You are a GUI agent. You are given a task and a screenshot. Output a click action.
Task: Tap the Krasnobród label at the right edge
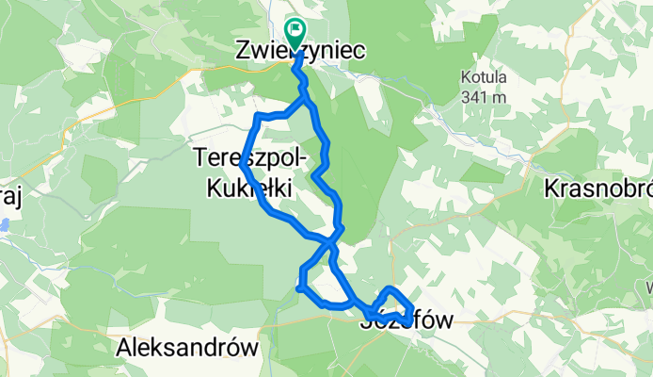pyautogui.click(x=597, y=188)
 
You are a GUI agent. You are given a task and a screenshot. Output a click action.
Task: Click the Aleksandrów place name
pyautogui.click(x=187, y=348)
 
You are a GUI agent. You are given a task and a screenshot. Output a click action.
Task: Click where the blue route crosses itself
pyautogui.click(x=332, y=242)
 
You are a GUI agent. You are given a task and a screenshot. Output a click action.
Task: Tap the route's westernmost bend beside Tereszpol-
pyautogui.click(x=243, y=164)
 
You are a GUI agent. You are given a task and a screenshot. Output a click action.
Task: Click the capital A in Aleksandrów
pyautogui.click(x=123, y=348)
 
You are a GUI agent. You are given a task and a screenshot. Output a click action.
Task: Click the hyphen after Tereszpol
pyautogui.click(x=295, y=156)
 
